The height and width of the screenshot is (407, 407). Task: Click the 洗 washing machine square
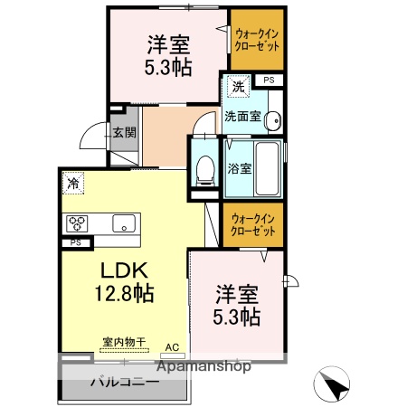tap(237, 88)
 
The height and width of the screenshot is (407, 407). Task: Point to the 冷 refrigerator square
tap(71, 182)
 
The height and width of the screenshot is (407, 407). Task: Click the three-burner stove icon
tap(76, 223)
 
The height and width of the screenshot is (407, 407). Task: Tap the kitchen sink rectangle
tap(123, 223)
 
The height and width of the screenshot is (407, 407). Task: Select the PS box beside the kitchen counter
tap(75, 242)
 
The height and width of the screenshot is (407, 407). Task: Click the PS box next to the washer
tap(268, 80)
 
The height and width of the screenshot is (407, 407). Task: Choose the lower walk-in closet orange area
tap(251, 225)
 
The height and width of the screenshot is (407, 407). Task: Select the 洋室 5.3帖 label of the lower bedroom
tap(237, 306)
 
